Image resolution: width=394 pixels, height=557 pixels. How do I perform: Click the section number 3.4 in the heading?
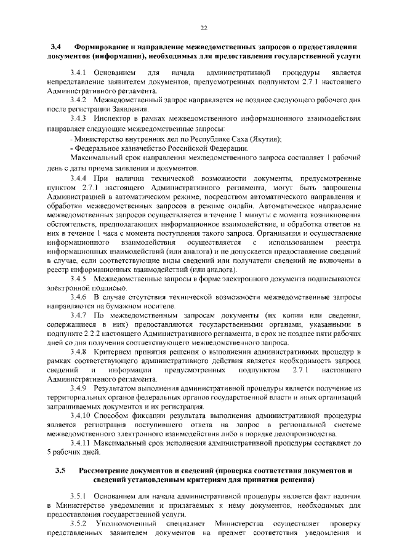coord(54,47)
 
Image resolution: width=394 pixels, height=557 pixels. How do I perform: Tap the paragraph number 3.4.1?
coord(79,73)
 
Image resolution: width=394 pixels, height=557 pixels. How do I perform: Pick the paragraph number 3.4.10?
coord(81,417)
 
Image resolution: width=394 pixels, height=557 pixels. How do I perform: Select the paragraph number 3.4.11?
coord(81,443)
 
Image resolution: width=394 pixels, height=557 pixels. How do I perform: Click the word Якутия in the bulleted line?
coord(264,140)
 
